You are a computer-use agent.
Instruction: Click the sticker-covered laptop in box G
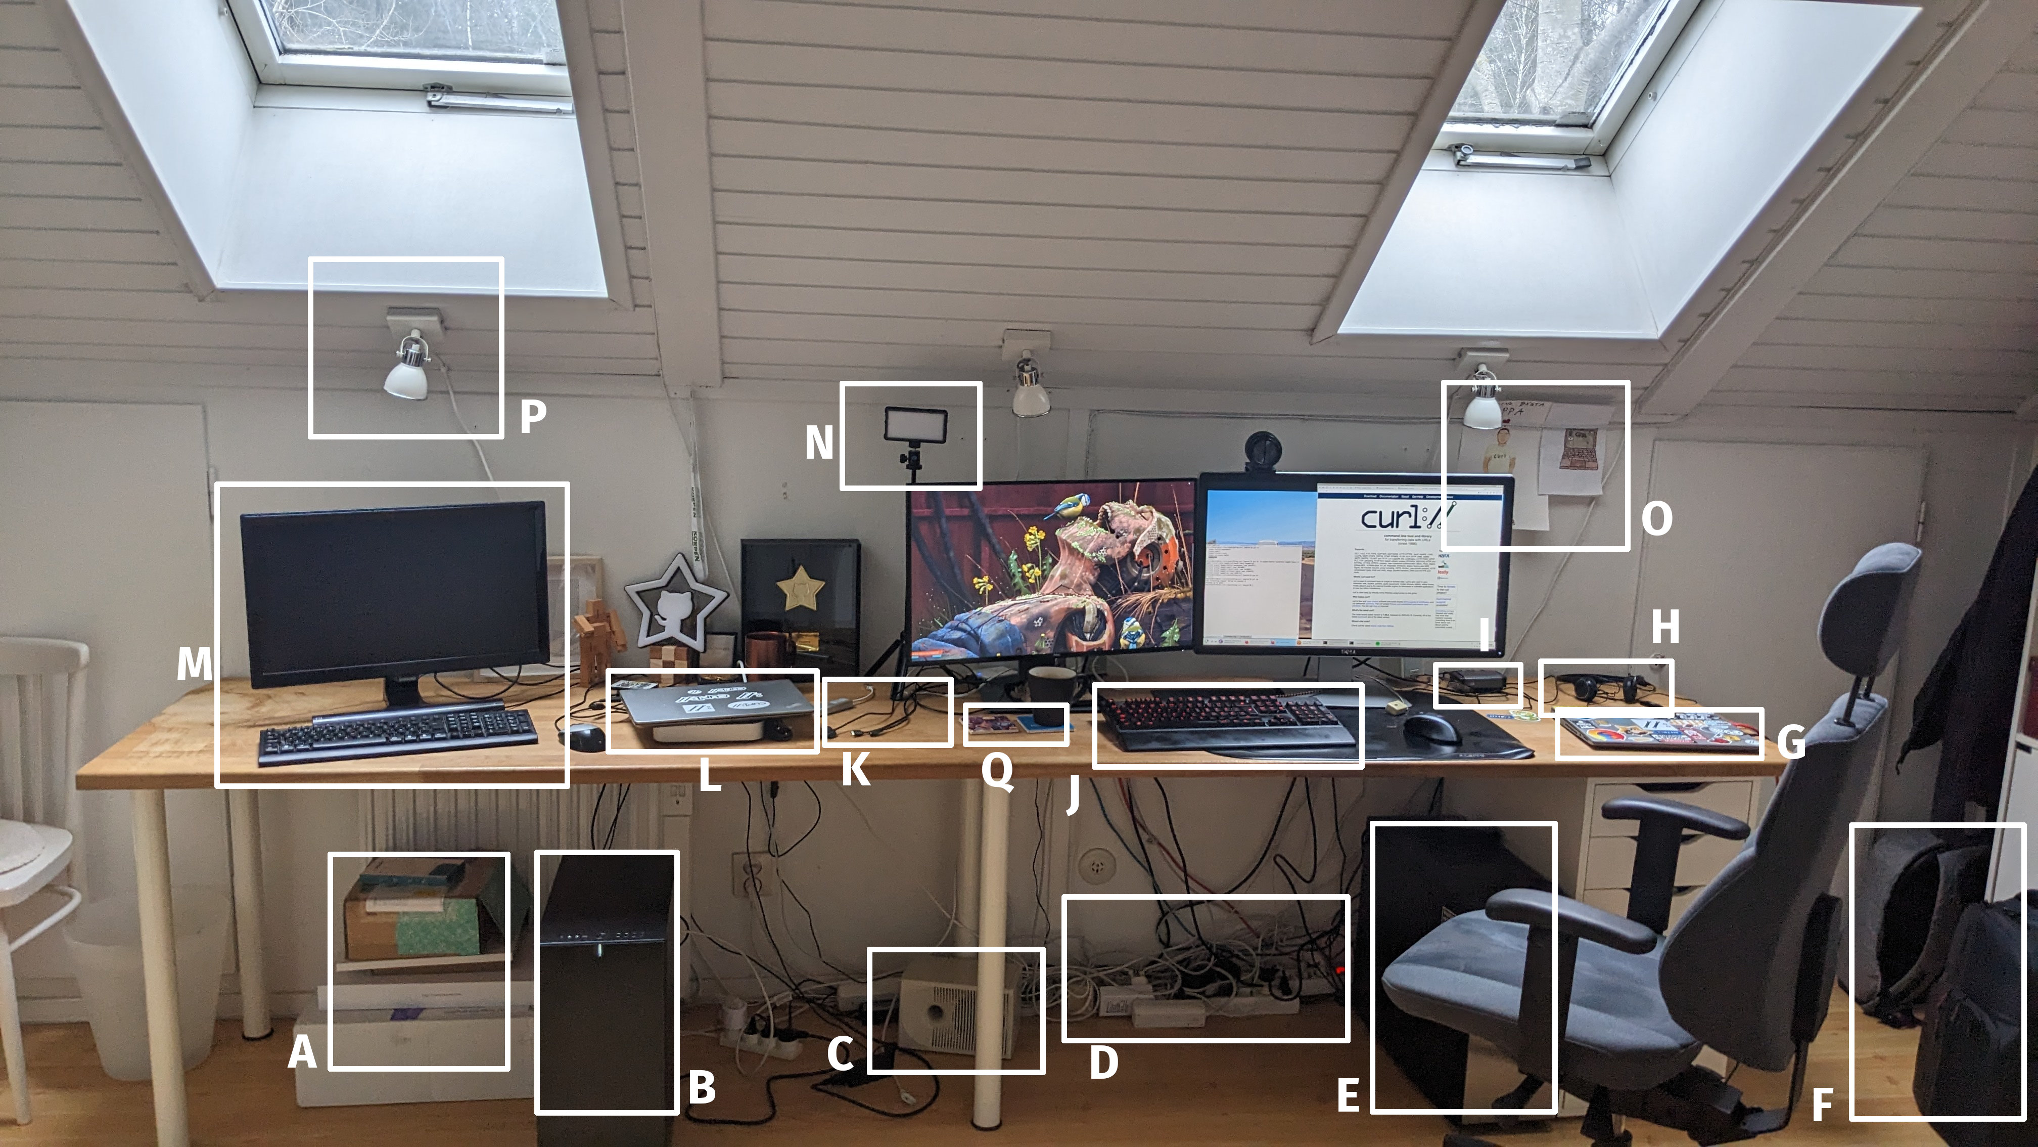[x=1658, y=734]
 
